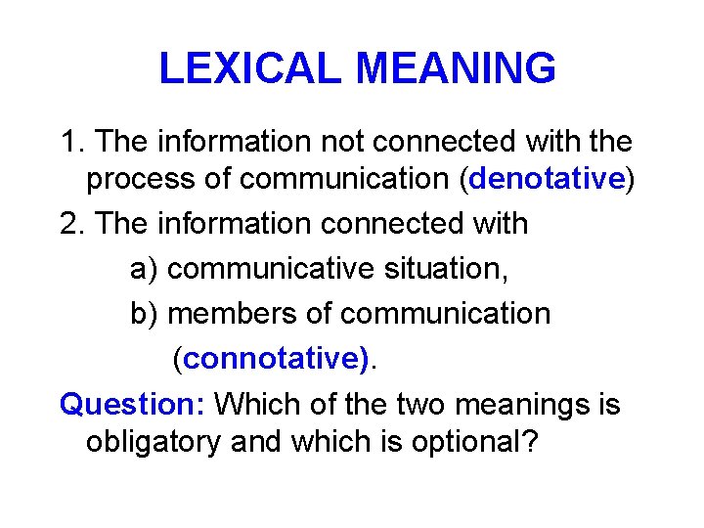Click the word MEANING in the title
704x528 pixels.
click(457, 68)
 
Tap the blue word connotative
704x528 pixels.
click(276, 359)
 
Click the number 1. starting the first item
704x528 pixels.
click(73, 142)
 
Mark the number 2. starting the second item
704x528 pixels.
click(73, 224)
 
